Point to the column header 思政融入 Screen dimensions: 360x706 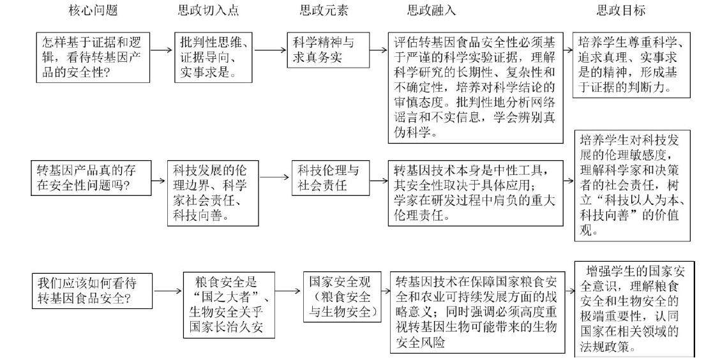coord(432,11)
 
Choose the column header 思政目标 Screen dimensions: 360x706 coord(620,11)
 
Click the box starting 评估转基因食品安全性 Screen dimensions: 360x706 coord(476,87)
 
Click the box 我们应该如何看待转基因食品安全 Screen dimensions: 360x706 coord(94,290)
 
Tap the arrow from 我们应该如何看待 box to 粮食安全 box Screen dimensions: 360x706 coord(168,291)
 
